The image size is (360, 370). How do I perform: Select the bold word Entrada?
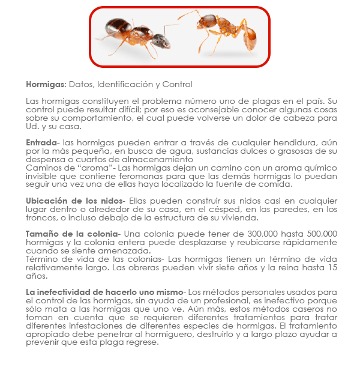coord(41,142)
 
